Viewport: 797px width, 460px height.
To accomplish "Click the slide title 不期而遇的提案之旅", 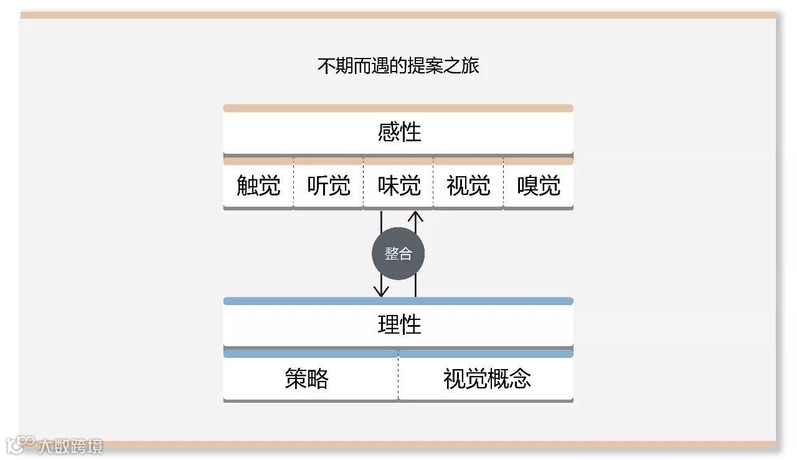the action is click(398, 65).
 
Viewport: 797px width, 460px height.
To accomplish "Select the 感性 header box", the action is click(398, 132).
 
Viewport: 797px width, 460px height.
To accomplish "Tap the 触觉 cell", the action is click(258, 185).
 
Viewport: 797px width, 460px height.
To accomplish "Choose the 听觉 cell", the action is click(328, 185).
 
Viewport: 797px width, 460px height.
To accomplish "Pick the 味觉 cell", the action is click(398, 185).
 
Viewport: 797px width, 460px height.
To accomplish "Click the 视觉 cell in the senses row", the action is click(468, 185).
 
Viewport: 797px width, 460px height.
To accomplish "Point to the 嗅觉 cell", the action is click(539, 185).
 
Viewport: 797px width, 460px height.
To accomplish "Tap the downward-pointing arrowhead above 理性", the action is click(381, 290).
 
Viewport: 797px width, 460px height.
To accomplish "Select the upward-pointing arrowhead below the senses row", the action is click(415, 217).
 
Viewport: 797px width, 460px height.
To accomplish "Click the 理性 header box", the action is click(398, 324).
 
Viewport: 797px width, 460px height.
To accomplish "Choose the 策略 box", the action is click(307, 378).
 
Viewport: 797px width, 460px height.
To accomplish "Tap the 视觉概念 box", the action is click(487, 378).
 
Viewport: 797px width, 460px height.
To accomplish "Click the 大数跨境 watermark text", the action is click(70, 446).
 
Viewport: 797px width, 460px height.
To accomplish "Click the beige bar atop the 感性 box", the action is click(398, 108).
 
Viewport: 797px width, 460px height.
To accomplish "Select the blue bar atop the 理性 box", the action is click(398, 301).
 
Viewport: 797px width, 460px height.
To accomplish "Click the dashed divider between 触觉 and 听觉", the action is click(293, 185).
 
